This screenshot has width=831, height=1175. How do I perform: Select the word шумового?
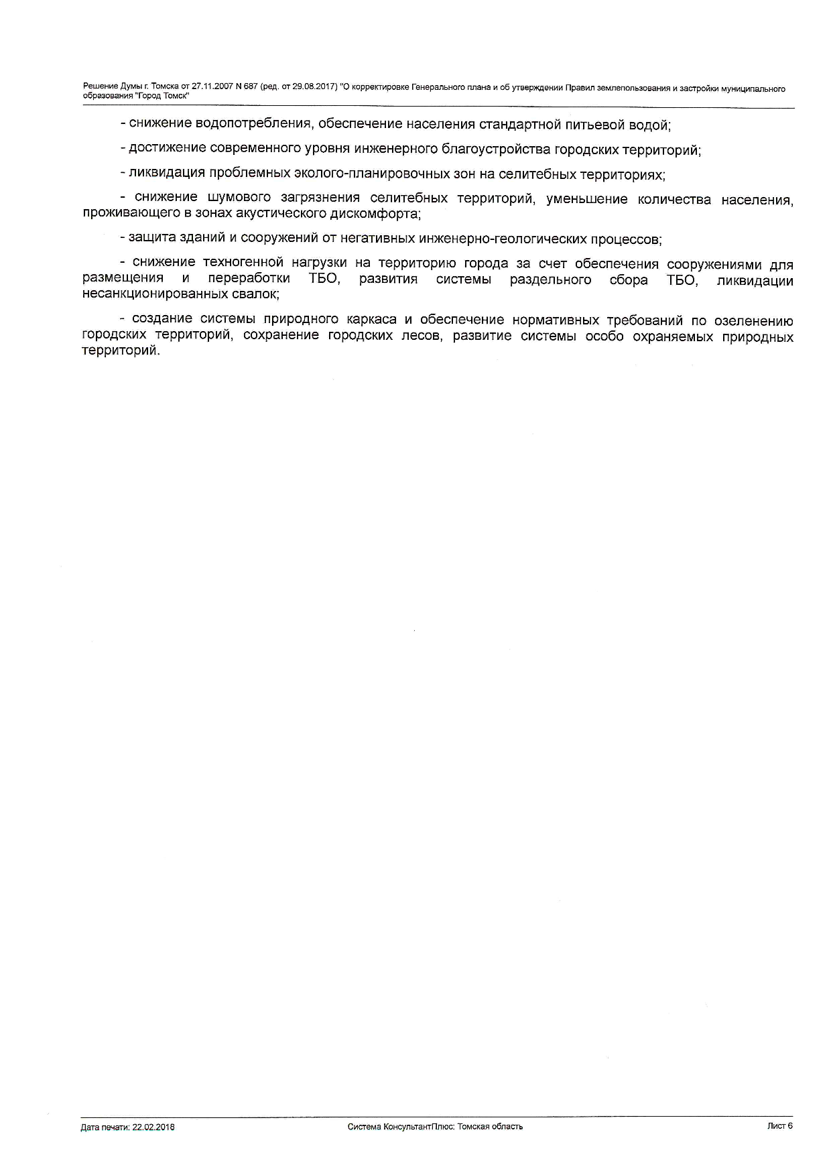(x=239, y=198)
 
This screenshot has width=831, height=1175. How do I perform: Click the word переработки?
(x=249, y=278)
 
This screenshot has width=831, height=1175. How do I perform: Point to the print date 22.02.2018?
(x=153, y=1127)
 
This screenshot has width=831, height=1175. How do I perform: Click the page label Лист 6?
(x=779, y=1126)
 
